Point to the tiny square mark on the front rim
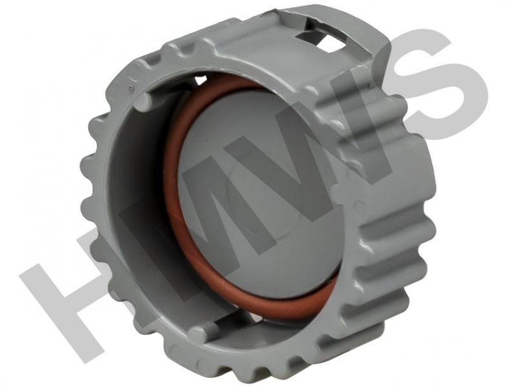pyautogui.click(x=130, y=88)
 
